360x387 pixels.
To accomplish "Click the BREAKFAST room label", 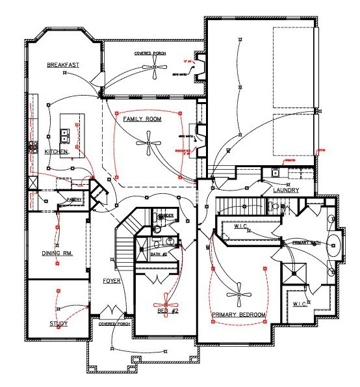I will [x=62, y=65].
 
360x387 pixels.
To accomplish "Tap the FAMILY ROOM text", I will [x=142, y=120].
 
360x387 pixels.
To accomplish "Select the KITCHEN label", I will [x=56, y=152].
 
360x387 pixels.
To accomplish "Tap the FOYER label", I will [x=111, y=281].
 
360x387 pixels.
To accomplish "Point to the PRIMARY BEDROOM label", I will [x=239, y=315].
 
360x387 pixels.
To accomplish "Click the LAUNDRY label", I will [x=285, y=190].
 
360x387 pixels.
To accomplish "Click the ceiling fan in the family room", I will [x=149, y=144].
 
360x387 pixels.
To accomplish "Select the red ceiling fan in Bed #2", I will [x=166, y=299].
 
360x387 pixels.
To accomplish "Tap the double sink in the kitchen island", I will [x=66, y=135].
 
